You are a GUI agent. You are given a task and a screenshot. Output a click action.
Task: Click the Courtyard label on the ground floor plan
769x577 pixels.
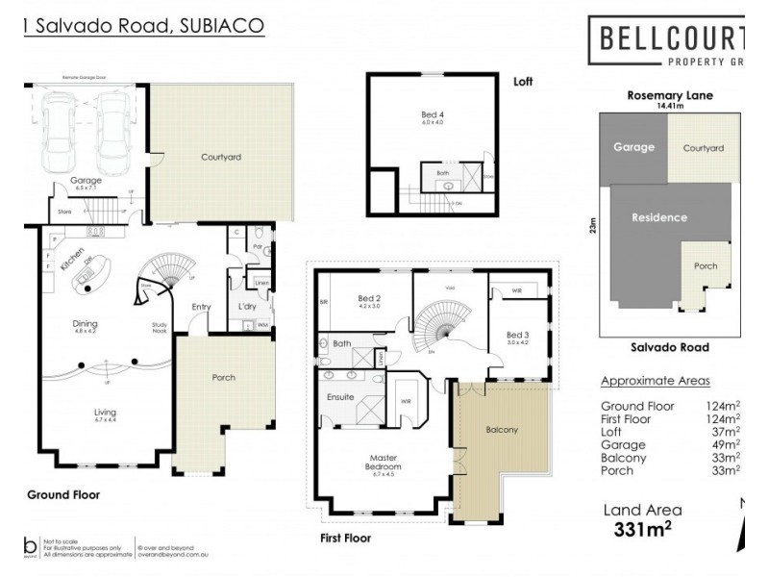pyautogui.click(x=220, y=156)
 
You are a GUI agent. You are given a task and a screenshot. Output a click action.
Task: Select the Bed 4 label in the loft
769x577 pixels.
pyautogui.click(x=433, y=115)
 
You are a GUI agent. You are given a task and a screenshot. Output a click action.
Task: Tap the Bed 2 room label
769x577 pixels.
pyautogui.click(x=369, y=299)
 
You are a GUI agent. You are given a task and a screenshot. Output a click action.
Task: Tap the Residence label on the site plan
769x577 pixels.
pyautogui.click(x=659, y=216)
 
